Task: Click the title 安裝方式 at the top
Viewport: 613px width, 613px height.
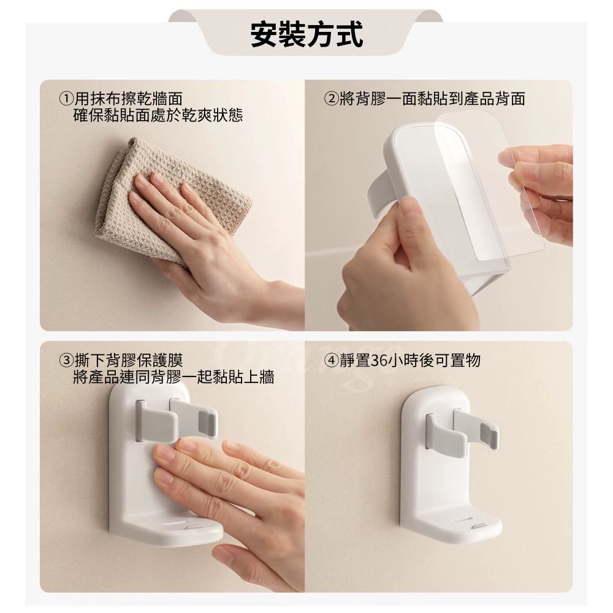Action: (x=306, y=34)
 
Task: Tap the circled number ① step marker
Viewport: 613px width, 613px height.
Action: (x=66, y=99)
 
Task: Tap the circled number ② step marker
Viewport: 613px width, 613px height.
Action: (x=331, y=99)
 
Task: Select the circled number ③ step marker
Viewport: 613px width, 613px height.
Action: (x=66, y=360)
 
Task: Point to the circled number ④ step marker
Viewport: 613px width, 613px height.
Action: (x=331, y=360)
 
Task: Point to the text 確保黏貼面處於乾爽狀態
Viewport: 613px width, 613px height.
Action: (x=158, y=115)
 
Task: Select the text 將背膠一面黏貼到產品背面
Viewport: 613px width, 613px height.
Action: (x=432, y=99)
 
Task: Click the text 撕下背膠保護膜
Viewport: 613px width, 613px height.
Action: (x=129, y=360)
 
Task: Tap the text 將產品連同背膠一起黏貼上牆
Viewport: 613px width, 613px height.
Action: (x=173, y=377)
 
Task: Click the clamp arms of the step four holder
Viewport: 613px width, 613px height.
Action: (x=462, y=430)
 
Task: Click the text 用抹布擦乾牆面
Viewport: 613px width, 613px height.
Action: (x=128, y=99)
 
